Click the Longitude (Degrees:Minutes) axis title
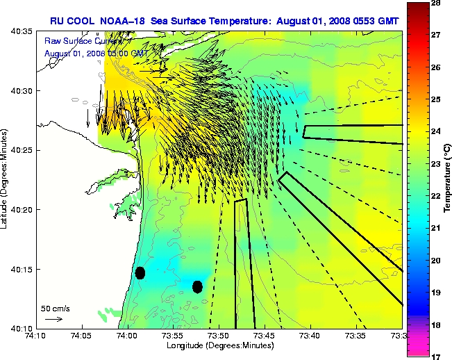219,346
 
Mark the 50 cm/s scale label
55,308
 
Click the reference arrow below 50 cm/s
53,320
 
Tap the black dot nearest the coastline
140,272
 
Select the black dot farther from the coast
198,286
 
